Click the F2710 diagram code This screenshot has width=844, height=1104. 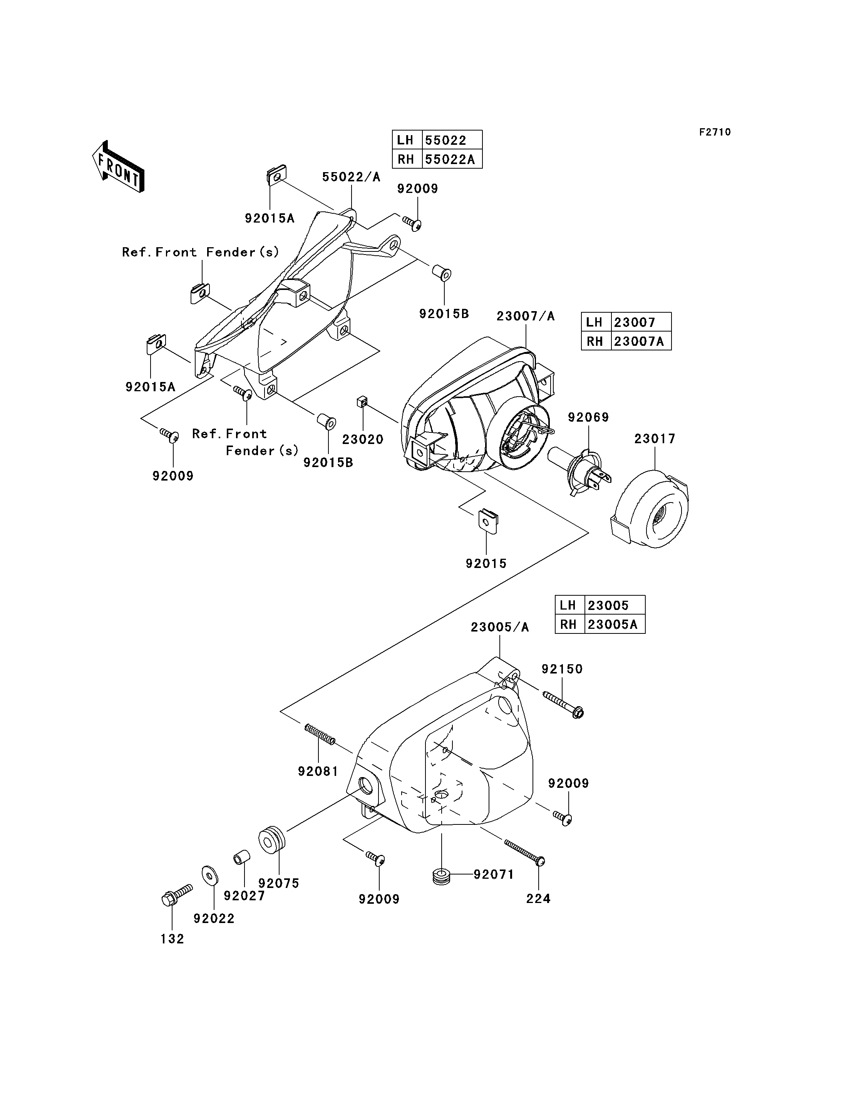click(x=715, y=132)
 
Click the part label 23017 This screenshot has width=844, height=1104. click(x=655, y=439)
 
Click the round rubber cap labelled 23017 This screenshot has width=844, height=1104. click(x=649, y=509)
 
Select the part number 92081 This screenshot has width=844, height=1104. click(x=318, y=771)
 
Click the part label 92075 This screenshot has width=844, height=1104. click(x=279, y=883)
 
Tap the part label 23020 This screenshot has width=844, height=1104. click(x=363, y=440)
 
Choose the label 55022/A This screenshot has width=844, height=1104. click(x=351, y=177)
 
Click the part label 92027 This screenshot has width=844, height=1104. click(x=244, y=896)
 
